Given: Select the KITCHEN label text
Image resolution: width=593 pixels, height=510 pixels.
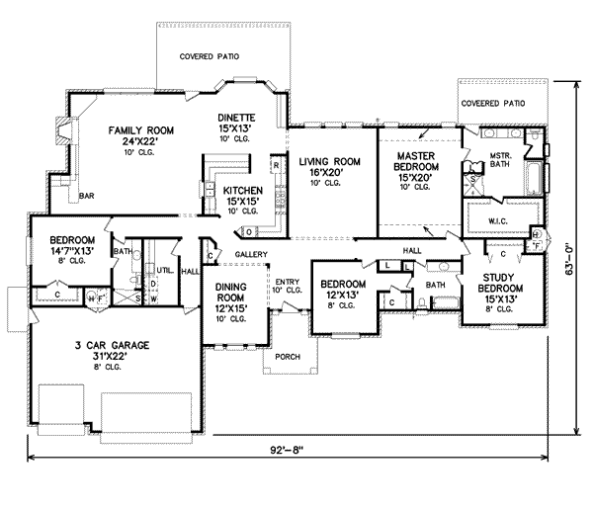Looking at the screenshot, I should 242,191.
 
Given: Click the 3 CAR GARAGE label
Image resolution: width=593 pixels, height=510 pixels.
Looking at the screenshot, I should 109,346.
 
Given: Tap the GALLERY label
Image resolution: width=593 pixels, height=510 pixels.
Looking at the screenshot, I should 253,254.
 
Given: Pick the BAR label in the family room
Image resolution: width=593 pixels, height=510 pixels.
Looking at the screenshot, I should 87,196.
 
